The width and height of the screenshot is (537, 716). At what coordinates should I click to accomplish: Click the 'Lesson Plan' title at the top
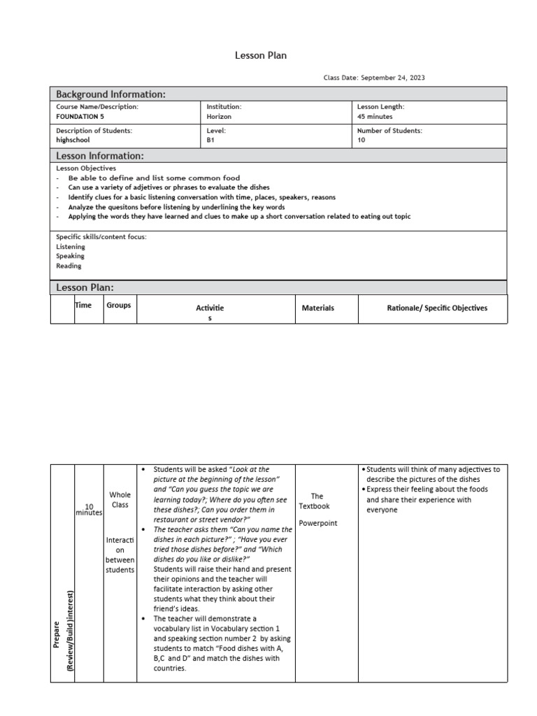(261, 55)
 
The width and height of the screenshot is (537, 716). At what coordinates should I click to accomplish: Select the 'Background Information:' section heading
(110, 94)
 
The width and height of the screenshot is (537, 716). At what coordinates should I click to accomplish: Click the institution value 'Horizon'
(219, 117)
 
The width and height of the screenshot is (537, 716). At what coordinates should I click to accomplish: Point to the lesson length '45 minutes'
(375, 117)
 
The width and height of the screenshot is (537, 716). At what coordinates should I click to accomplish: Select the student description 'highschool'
(73, 140)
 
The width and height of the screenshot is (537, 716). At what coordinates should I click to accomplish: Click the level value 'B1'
(211, 140)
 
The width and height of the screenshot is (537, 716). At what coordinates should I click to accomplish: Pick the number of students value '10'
(361, 140)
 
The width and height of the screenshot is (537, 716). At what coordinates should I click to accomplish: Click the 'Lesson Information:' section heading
(99, 156)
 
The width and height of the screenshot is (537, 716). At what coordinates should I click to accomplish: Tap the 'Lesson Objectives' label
(86, 169)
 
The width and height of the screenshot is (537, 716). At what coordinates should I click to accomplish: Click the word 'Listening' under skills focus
(71, 247)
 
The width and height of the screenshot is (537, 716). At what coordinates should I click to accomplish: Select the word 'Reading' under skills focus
(69, 266)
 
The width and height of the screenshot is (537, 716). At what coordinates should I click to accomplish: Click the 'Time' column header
(83, 305)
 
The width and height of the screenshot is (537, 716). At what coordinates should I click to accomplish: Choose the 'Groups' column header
(119, 305)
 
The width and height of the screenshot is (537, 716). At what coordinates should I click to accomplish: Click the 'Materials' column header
(317, 308)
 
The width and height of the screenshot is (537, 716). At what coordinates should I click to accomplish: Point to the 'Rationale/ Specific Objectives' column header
(437, 308)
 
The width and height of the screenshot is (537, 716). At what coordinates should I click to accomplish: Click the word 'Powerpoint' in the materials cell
(317, 522)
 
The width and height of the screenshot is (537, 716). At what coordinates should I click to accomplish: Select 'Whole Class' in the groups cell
(120, 500)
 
